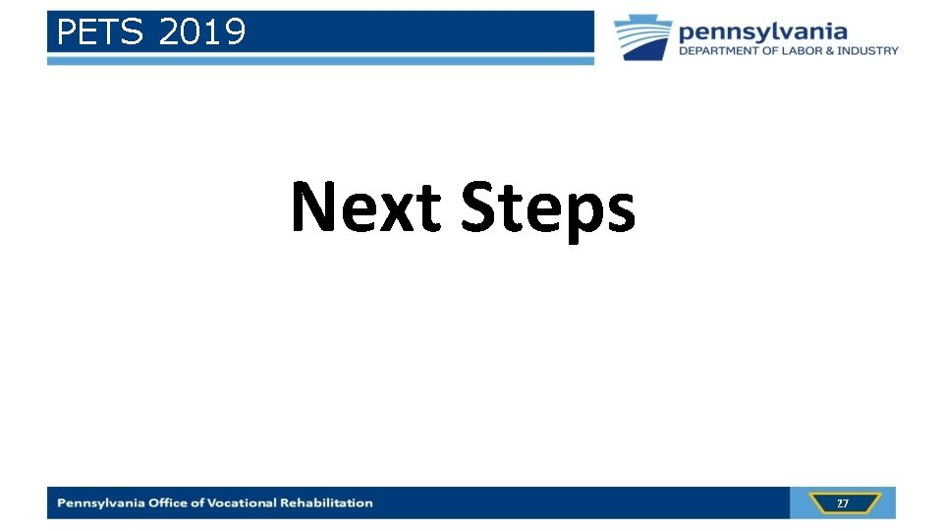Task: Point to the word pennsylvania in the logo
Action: click(x=762, y=31)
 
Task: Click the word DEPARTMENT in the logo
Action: click(x=719, y=51)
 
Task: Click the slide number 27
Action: click(x=843, y=503)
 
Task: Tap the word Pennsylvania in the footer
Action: click(x=101, y=503)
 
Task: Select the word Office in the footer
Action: click(x=170, y=503)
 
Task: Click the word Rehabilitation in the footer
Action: click(x=326, y=503)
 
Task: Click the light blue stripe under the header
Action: click(x=320, y=61)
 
